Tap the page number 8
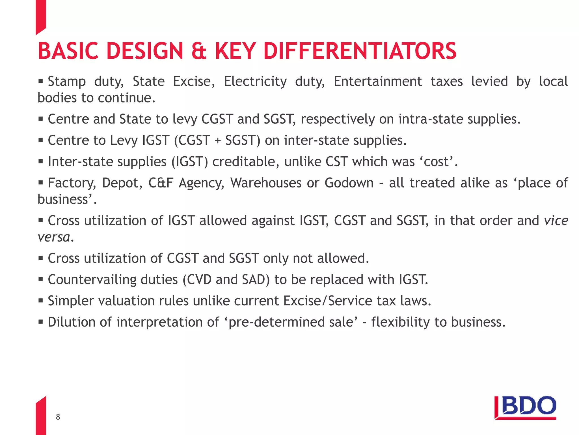point(58,417)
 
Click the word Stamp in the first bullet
point(67,82)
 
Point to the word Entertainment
point(378,82)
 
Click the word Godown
point(349,183)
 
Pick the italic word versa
point(54,237)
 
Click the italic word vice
point(556,221)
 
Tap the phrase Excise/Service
point(328,301)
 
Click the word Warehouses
point(266,183)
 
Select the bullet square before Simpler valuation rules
point(41,300)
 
